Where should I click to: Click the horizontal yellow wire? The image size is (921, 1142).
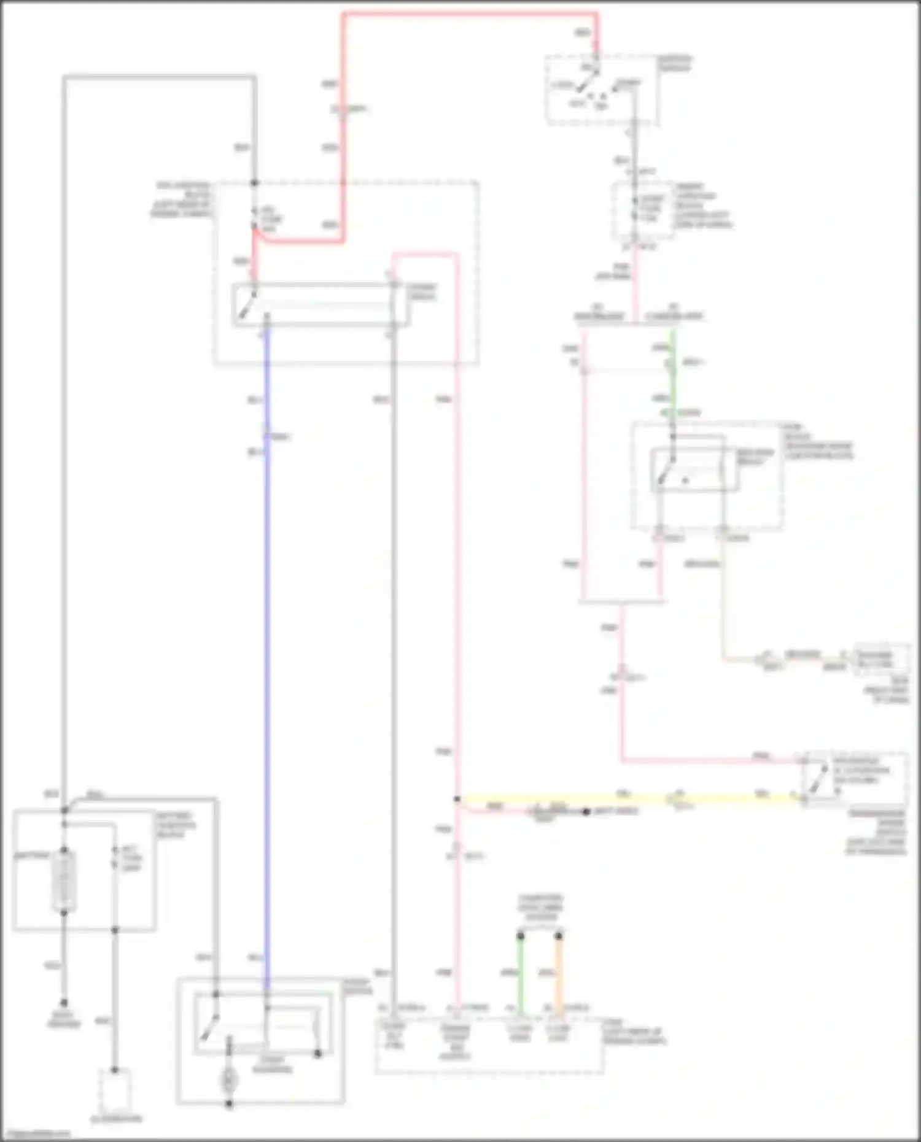click(614, 800)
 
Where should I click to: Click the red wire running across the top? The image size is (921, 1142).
click(467, 14)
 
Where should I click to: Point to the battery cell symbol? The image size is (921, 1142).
click(64, 881)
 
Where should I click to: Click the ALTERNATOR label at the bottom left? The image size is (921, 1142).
click(117, 1119)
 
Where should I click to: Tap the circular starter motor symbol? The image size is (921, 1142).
click(229, 1078)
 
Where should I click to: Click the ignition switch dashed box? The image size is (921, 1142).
click(602, 90)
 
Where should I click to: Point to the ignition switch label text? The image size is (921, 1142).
click(675, 63)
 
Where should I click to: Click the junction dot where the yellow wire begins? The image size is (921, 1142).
click(457, 799)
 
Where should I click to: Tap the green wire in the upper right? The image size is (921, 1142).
click(674, 380)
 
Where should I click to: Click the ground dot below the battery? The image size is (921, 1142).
click(64, 1001)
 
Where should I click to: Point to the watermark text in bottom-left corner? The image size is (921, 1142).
click(36, 1133)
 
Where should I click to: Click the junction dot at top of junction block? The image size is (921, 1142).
click(254, 183)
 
